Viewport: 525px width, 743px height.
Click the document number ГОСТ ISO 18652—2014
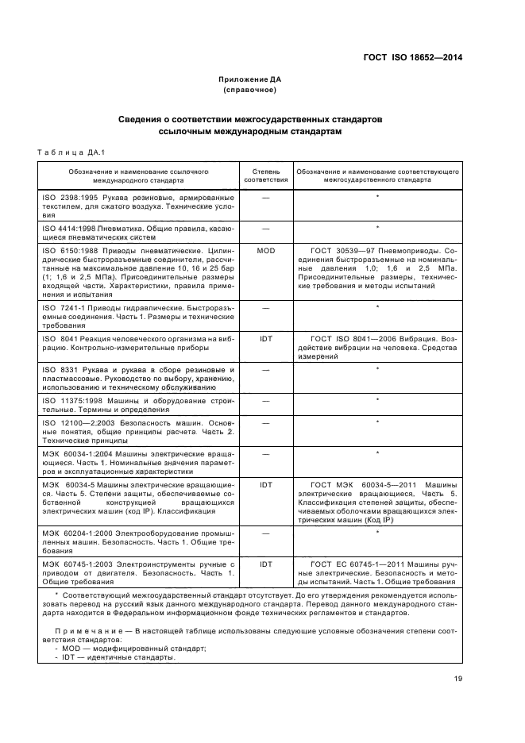coord(412,57)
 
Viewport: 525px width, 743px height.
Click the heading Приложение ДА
coord(250,79)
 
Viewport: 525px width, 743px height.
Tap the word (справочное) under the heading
coord(250,90)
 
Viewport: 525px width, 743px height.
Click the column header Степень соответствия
coord(265,175)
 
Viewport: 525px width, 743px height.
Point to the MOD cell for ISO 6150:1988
coord(265,250)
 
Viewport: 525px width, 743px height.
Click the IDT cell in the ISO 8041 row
coord(265,338)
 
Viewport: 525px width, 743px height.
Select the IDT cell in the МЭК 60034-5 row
coord(265,483)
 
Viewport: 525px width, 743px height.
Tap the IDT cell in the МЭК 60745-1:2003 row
coord(265,564)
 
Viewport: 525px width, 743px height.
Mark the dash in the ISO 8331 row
coord(265,369)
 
